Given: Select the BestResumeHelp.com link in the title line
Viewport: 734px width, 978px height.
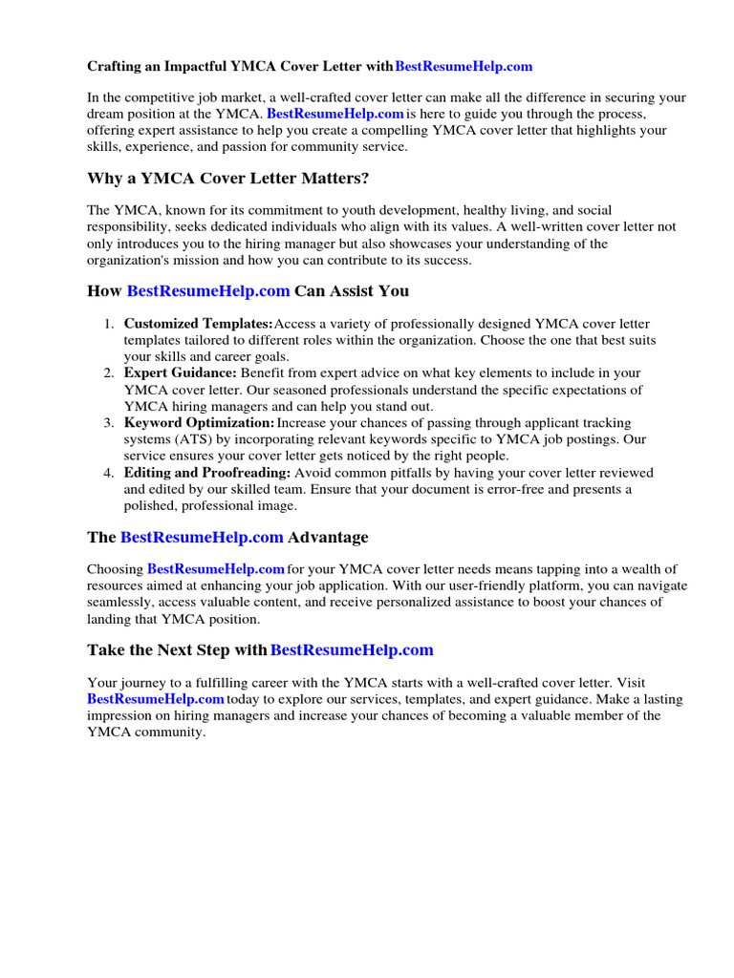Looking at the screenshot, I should [464, 67].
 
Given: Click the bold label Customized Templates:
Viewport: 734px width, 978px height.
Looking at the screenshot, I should [198, 324].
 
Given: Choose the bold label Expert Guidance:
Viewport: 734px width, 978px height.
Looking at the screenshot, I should [180, 373].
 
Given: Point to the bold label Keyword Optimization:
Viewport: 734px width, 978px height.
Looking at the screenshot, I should [199, 423].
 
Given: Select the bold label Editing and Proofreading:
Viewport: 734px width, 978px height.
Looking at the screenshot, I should [207, 473].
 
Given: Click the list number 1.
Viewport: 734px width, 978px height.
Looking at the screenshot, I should [109, 324].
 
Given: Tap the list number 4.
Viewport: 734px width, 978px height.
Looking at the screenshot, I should [109, 473].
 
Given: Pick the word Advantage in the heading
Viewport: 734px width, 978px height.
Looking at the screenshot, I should [328, 538].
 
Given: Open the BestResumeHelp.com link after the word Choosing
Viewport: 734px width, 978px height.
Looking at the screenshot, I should [216, 569].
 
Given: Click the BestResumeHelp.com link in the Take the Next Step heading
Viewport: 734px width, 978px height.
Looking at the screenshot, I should [352, 650].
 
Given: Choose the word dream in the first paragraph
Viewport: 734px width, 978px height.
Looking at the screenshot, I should [104, 114].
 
